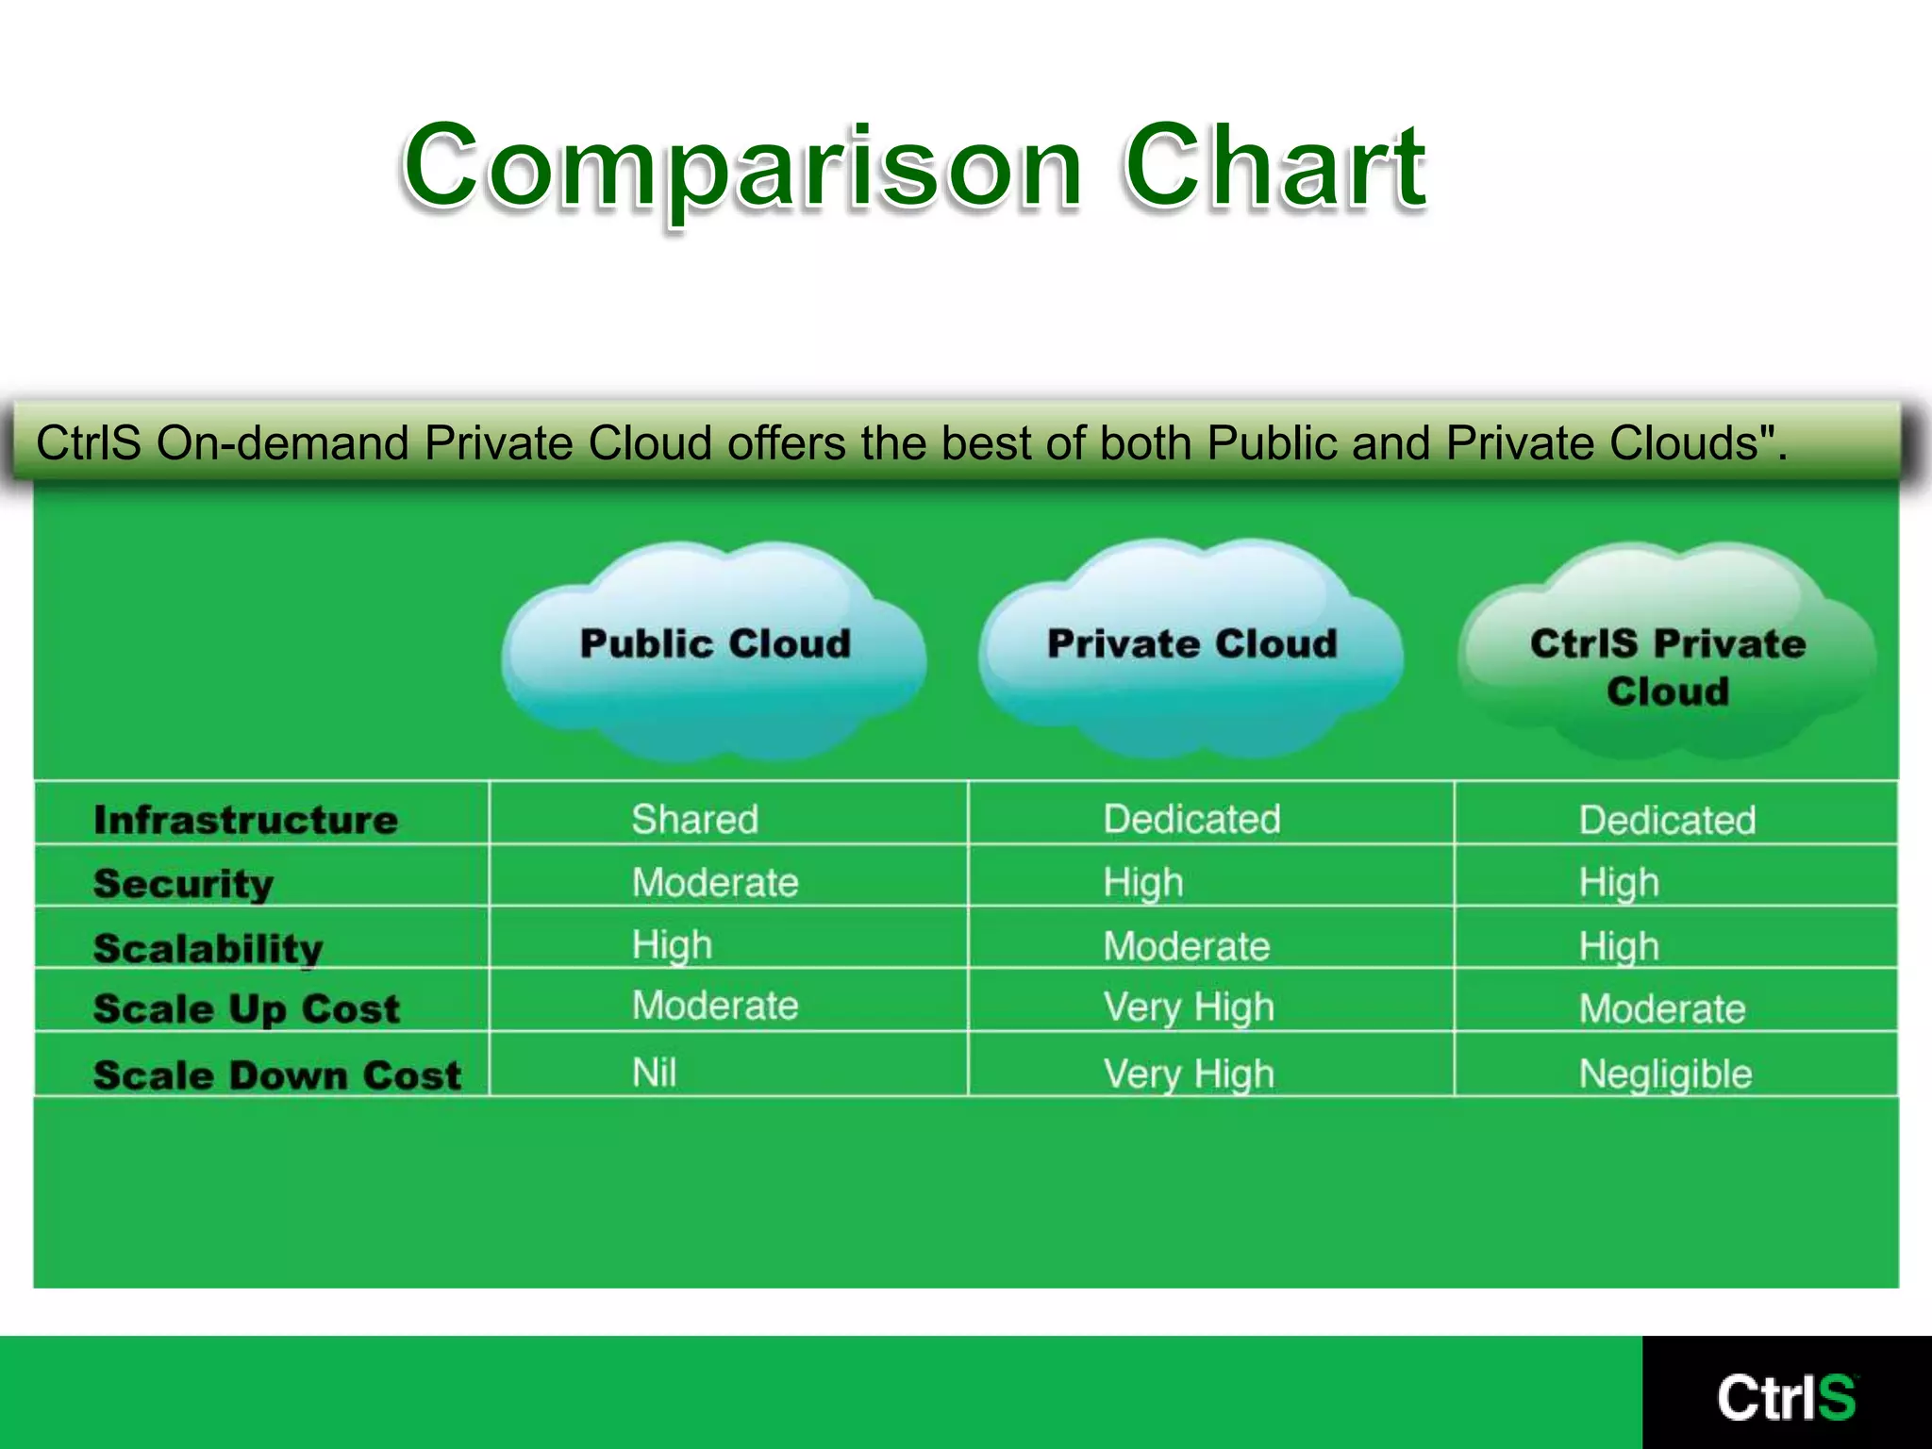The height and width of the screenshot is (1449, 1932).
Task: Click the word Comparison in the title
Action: (x=741, y=168)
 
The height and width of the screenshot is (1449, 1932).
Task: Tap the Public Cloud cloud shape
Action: (x=714, y=651)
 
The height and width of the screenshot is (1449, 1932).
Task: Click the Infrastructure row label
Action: (x=245, y=820)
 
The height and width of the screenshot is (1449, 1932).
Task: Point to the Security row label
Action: (x=184, y=884)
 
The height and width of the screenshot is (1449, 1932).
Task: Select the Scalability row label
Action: (x=208, y=948)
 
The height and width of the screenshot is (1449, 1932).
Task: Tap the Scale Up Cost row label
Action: (x=247, y=1009)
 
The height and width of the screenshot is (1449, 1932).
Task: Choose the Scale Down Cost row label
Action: (x=277, y=1075)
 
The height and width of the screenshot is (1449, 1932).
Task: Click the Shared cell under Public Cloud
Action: (x=694, y=819)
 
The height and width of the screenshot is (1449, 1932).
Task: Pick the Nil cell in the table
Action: (x=654, y=1073)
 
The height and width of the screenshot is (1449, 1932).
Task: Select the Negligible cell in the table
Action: (x=1665, y=1074)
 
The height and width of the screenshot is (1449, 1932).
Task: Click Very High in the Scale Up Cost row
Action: (x=1189, y=1008)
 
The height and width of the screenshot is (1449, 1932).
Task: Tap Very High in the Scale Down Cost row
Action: (x=1189, y=1074)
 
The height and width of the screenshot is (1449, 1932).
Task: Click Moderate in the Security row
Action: (x=715, y=883)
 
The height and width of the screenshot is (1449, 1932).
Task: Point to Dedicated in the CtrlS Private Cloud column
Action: (x=1667, y=820)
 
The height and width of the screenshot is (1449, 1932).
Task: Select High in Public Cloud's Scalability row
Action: (x=672, y=945)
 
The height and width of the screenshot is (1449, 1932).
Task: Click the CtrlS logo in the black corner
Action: (x=1786, y=1397)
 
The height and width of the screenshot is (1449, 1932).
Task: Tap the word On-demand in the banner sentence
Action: (x=284, y=443)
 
